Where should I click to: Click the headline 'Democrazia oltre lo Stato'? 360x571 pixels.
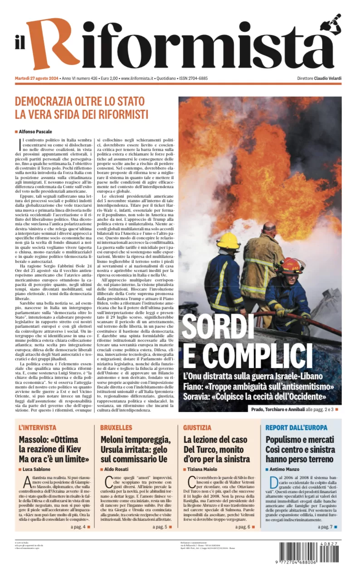(79, 101)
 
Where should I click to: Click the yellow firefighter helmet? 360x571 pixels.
(228, 241)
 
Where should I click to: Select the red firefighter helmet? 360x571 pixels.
(291, 265)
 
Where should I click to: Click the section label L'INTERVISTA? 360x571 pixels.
(38, 427)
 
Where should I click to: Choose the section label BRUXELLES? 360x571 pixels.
(117, 427)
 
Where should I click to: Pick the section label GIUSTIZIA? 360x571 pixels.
(197, 427)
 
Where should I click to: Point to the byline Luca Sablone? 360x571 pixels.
(37, 469)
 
